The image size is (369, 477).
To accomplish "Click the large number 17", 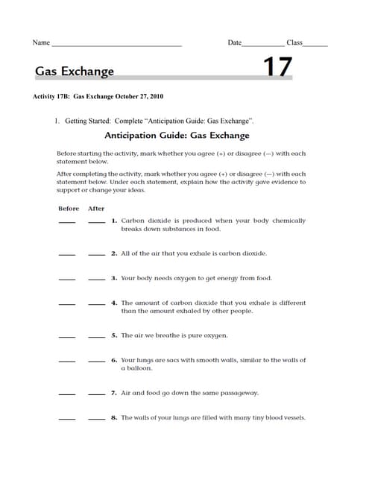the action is coord(278,68).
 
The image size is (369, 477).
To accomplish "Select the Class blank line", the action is coord(315,46).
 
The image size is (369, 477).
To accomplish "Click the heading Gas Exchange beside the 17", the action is coord(75,72).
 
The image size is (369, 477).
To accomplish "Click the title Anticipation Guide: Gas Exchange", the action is coord(177,136).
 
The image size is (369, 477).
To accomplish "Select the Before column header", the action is coord(68,209).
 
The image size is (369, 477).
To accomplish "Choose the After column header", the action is coord(96,209).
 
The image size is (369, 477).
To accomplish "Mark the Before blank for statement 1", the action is coord(67,223).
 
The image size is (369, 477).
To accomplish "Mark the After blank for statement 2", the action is coord(96,255).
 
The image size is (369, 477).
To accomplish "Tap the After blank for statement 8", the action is coord(96,420).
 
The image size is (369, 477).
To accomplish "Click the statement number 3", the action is coord(114,278).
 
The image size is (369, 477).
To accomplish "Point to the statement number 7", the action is coord(114,392).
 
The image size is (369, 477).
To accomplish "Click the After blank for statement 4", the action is coord(96,305).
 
